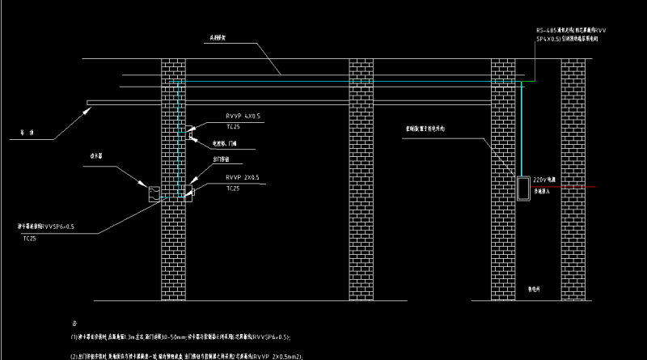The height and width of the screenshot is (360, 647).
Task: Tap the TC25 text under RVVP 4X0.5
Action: coord(233,127)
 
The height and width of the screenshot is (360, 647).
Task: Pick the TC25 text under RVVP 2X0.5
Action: coord(233,188)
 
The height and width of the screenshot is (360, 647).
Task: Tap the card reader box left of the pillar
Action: coord(151,193)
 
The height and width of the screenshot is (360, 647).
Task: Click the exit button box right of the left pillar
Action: coord(191,193)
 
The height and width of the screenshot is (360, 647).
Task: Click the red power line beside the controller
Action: coord(566,188)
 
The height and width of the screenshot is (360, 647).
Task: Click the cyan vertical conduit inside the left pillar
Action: coord(178,138)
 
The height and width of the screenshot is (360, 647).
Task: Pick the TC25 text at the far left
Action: coord(30,239)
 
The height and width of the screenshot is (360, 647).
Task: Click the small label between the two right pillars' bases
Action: coord(534,286)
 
